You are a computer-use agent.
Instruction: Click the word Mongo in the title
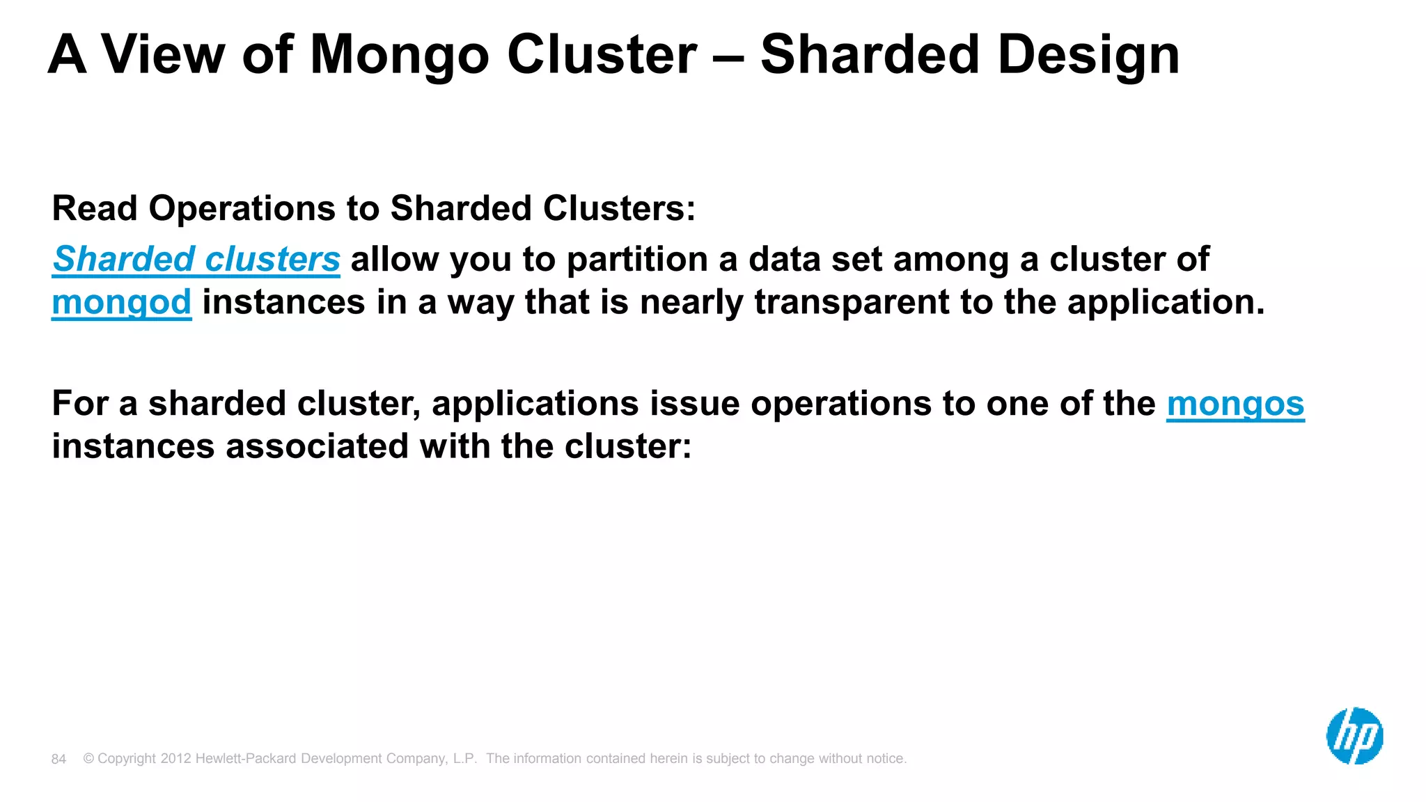click(x=400, y=56)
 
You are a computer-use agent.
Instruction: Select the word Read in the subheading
click(x=95, y=208)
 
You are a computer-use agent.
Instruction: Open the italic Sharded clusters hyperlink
click(x=196, y=259)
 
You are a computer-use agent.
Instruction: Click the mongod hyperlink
click(x=121, y=302)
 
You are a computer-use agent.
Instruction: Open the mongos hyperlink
click(x=1235, y=404)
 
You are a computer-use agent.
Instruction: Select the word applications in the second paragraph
click(x=535, y=404)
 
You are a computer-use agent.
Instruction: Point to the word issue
click(x=694, y=404)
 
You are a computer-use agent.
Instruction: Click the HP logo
click(x=1354, y=736)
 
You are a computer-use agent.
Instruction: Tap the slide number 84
click(x=58, y=759)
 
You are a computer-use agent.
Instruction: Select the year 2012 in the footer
click(x=175, y=758)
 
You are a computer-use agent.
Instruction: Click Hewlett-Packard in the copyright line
click(x=246, y=758)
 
